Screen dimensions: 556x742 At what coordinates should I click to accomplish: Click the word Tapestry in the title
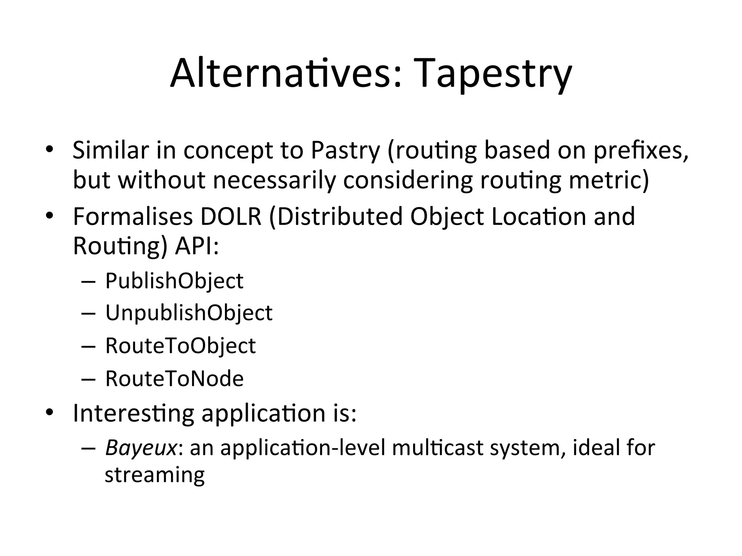coord(491,75)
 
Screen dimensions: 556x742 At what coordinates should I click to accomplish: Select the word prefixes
coord(640,150)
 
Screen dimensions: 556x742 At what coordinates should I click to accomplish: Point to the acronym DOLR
coord(231,216)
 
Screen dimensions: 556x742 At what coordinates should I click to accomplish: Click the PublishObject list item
coord(174,281)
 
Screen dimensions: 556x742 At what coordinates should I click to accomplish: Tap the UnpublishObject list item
coord(188,313)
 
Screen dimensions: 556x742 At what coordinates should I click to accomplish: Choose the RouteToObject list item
coord(180,346)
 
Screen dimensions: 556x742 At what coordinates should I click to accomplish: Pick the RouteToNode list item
coord(174,379)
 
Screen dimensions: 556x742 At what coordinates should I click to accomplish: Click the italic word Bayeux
coord(141,448)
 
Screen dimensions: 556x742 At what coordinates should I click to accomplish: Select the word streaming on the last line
coord(154,475)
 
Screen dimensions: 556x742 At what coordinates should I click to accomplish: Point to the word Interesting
coord(133,413)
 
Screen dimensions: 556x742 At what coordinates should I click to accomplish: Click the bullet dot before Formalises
coord(50,216)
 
